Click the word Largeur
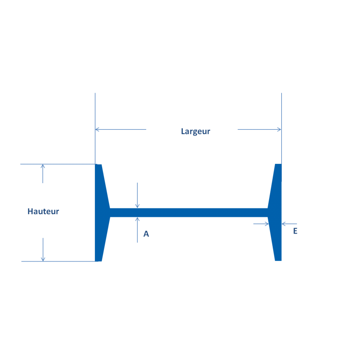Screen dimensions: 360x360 [195, 131]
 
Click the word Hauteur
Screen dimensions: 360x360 [43, 211]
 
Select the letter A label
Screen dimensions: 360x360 [146, 234]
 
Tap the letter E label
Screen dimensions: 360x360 [295, 231]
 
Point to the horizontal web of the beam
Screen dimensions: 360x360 [189, 212]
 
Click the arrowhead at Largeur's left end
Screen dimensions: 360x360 [97, 130]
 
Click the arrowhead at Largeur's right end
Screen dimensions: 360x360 [279, 130]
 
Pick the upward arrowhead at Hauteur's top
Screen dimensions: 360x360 [43, 166]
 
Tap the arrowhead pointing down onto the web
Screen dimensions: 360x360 [137, 206]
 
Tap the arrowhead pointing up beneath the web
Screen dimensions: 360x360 [137, 220]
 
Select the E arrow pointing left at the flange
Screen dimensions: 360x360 [284, 223]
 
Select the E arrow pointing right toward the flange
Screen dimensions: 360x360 [266, 223]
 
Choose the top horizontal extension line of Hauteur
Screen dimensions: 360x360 [58, 164]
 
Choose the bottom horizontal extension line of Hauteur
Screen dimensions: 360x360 [58, 261]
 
